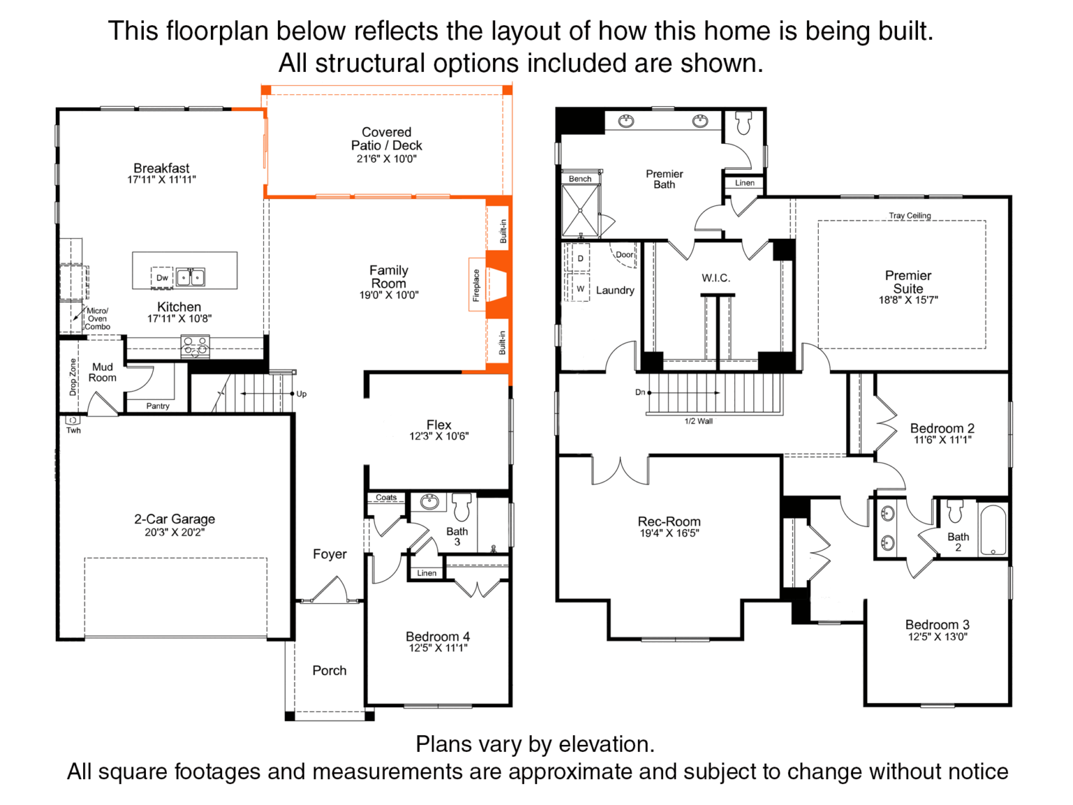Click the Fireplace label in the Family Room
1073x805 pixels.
click(476, 285)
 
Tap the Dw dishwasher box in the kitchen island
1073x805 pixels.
click(162, 277)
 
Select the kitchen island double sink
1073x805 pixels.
click(191, 277)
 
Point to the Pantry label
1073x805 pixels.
click(158, 406)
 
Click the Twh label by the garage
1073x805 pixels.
click(73, 430)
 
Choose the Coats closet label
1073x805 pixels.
click(386, 497)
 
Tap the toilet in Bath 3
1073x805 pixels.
click(462, 507)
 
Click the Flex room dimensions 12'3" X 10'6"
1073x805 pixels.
click(439, 436)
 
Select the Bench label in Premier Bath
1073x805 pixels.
click(580, 179)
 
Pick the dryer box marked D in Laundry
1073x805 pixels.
click(581, 258)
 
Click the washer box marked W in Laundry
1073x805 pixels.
click(581, 289)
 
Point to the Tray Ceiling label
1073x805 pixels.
click(910, 215)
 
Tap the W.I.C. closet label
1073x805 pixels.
click(715, 278)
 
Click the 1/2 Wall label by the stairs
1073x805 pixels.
click(699, 421)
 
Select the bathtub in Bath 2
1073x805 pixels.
click(993, 530)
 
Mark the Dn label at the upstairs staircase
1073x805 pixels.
click(640, 392)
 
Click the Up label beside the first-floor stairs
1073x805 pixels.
click(302, 394)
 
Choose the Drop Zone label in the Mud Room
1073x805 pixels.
click(73, 377)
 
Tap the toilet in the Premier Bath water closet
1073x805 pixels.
click(743, 123)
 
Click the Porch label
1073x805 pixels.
click(330, 671)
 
